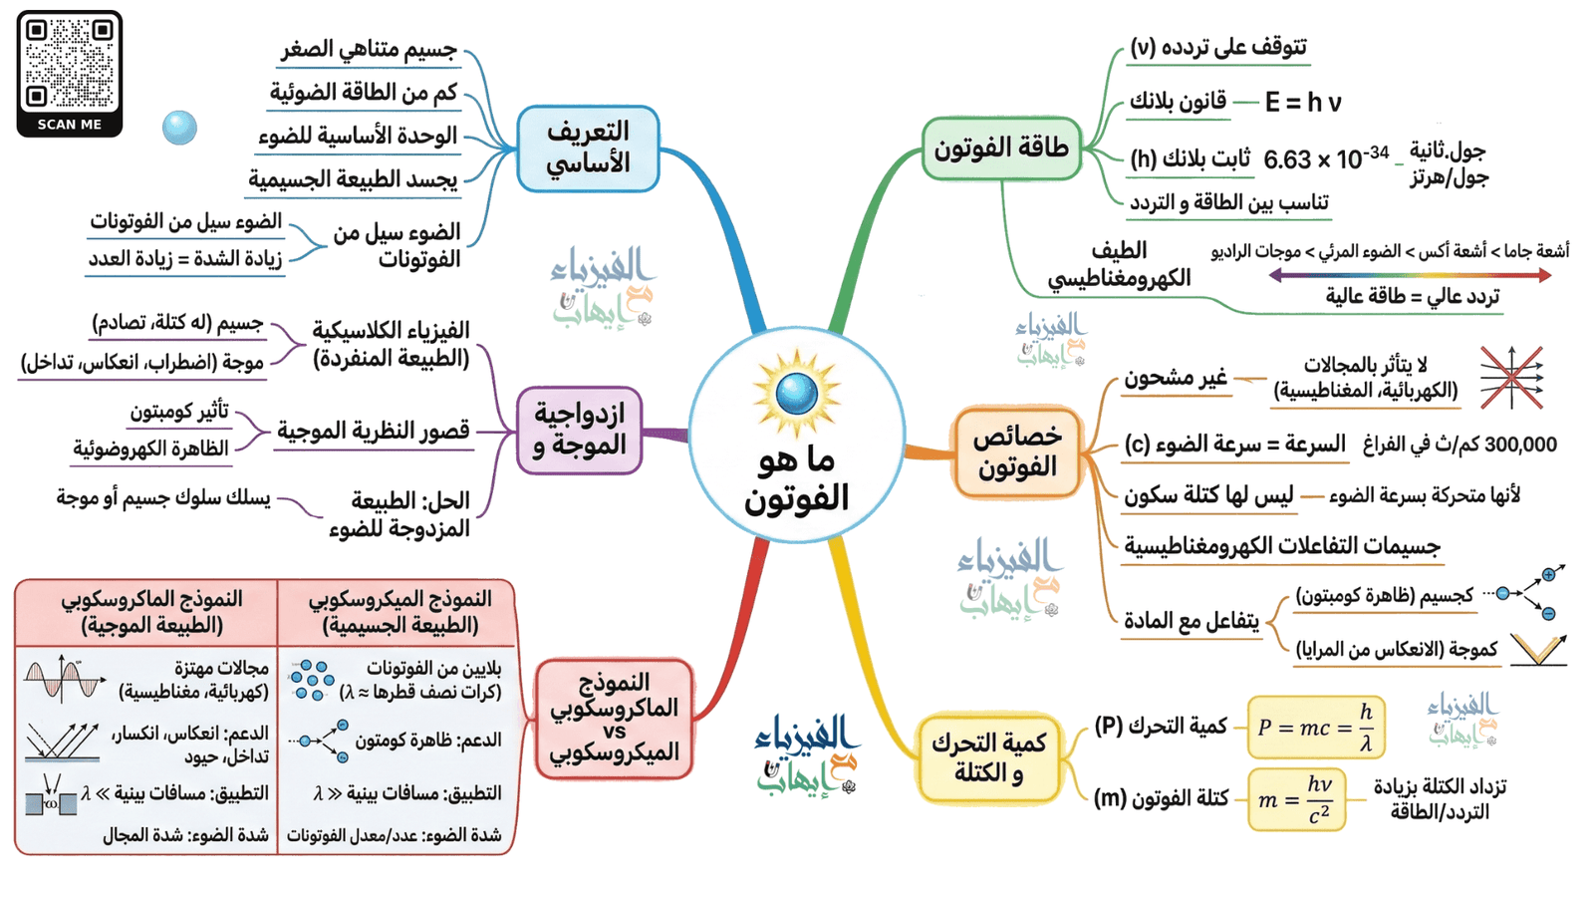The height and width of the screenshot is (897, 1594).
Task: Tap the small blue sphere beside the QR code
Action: [179, 128]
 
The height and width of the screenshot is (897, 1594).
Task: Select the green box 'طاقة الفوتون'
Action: [1000, 149]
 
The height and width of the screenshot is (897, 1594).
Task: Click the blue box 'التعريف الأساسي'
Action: [588, 149]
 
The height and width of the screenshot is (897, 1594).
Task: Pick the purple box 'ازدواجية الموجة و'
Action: [579, 431]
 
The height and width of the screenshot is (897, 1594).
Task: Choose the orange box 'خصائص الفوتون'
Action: [1017, 451]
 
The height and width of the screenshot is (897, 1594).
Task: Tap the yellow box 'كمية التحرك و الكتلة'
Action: [988, 758]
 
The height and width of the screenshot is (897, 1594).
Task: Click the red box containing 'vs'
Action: [614, 719]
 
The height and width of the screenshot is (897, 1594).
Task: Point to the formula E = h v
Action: [1303, 103]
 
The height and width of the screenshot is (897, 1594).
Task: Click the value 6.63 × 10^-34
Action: [1325, 157]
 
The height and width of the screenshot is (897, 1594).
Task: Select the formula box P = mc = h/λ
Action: [1315, 728]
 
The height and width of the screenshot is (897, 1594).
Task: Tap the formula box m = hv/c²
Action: [1296, 799]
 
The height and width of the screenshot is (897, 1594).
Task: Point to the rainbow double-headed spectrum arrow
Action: [1410, 275]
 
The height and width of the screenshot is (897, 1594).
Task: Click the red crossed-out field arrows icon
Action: [1511, 378]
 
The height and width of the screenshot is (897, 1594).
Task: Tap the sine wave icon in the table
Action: [64, 680]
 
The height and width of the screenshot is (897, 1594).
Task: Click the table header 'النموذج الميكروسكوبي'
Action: [398, 611]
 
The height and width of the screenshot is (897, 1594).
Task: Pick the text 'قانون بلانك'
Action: [1178, 102]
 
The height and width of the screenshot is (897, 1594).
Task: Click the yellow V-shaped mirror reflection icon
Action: [1537, 649]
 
